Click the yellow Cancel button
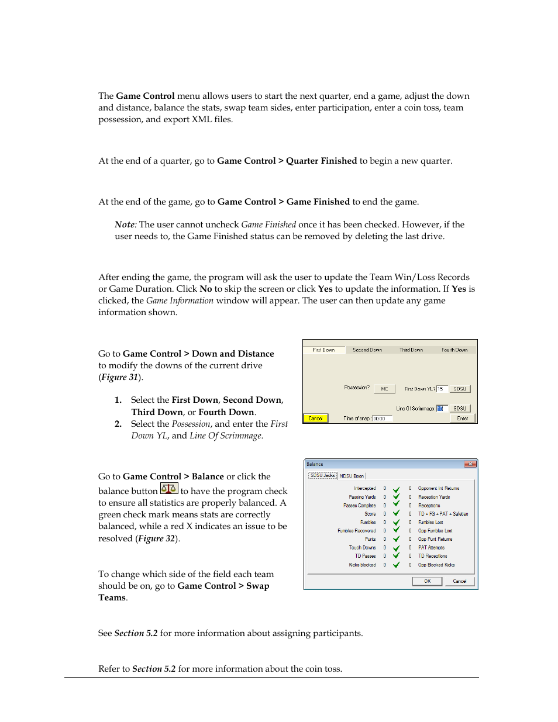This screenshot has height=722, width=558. (x=315, y=418)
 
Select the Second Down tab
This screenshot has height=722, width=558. (x=367, y=350)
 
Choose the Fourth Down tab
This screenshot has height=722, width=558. (x=454, y=350)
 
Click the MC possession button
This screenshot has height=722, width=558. (x=384, y=389)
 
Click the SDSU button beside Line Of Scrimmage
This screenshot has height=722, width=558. (x=460, y=409)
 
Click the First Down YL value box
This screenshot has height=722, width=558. (x=443, y=389)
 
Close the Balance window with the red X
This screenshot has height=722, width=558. (x=470, y=464)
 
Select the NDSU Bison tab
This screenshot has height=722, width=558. (x=352, y=476)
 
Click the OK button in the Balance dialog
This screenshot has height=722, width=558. (x=428, y=581)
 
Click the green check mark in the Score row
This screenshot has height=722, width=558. (x=396, y=514)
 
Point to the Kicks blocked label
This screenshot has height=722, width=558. (x=362, y=565)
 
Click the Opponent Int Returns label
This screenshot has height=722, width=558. (x=439, y=488)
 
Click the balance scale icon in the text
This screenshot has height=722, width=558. (x=169, y=489)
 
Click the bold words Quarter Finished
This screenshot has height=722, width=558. (x=321, y=161)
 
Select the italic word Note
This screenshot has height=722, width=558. (x=124, y=224)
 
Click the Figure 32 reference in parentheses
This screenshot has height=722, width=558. (x=156, y=538)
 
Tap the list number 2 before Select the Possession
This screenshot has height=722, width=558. (x=118, y=424)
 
